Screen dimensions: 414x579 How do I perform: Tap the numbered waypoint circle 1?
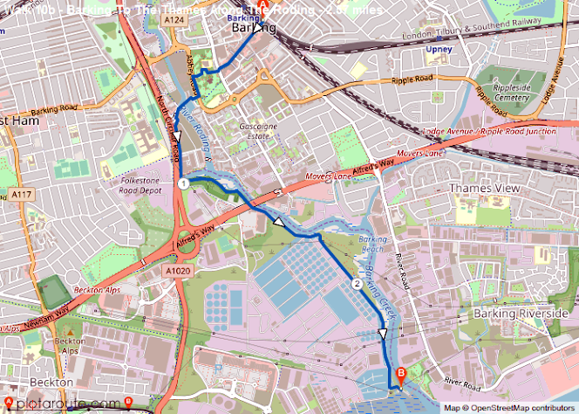[x=183, y=184]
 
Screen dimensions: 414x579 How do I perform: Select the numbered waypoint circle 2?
[x=356, y=284]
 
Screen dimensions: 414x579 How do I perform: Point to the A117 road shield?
[x=20, y=193]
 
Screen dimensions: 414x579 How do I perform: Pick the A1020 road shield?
[x=177, y=272]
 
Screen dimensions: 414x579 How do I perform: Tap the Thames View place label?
[x=484, y=188]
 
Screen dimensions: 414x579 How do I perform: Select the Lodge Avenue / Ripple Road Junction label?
[x=488, y=131]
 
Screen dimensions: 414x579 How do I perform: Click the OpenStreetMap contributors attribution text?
[x=511, y=408]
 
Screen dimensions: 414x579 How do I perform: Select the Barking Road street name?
[x=54, y=112]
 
